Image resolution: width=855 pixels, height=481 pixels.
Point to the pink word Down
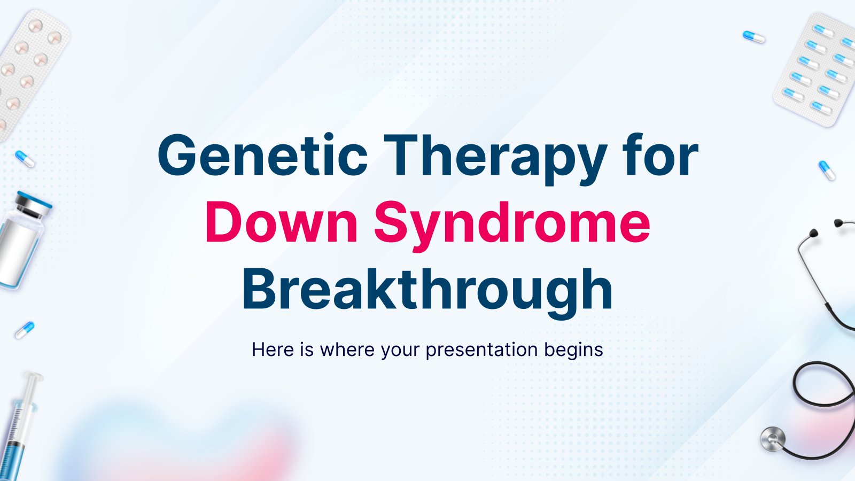(282, 222)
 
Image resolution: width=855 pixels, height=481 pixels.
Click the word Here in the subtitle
(273, 350)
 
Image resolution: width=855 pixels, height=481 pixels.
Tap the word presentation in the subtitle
(481, 351)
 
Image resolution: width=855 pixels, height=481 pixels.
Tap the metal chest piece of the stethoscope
(773, 439)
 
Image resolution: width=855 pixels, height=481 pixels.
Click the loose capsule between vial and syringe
(25, 330)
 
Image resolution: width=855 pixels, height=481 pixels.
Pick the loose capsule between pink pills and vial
(25, 159)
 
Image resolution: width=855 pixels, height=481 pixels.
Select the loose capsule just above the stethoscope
(827, 170)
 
